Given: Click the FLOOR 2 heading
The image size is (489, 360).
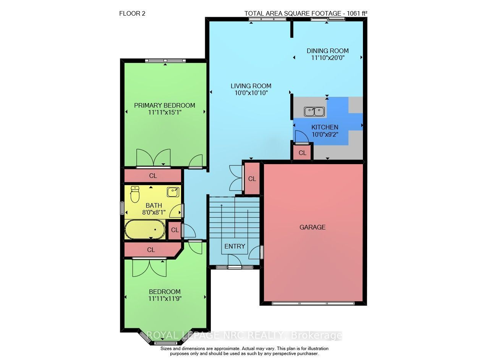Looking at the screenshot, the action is point(132,13).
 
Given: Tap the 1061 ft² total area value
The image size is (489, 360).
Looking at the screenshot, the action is point(357,13).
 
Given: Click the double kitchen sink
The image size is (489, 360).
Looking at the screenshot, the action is point(314,112).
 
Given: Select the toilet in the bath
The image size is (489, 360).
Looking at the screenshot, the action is point(135,194).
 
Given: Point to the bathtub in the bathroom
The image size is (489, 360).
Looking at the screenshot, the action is point(145,229).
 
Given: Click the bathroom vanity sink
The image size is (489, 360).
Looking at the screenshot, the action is point(173,192).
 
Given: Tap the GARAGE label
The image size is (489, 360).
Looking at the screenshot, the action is point(313,228).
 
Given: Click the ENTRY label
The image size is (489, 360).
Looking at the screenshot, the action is point(235,246).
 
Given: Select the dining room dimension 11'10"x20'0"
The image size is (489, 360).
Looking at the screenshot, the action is point(328,58).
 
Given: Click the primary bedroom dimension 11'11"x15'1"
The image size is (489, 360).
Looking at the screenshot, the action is point(165,113).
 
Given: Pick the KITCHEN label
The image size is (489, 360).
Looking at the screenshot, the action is point(325,127).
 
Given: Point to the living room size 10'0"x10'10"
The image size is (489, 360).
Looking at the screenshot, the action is point(251,93).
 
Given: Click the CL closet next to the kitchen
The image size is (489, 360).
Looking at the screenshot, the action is point(302,153).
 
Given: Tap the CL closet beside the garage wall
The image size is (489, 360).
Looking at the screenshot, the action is point(252,179).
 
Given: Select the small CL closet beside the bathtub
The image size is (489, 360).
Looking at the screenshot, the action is point(175,230).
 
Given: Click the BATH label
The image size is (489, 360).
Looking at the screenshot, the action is point(154,205).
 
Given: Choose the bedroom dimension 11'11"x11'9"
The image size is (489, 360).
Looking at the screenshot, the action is point(165,299).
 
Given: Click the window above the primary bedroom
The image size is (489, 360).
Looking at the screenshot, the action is point(165,61).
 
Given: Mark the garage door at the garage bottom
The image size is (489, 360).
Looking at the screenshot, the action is point(313,303).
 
